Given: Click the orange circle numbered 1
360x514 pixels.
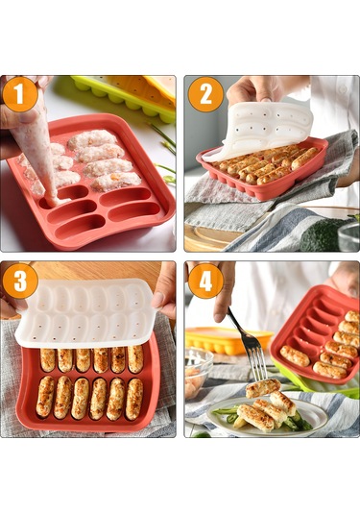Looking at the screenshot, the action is point(20,94).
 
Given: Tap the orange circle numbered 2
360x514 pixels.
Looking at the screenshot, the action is point(206,94).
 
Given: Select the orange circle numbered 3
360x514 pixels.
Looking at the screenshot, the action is point(20,281).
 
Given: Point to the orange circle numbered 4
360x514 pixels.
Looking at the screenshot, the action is point(206,281).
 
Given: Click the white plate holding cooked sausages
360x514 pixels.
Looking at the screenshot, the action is point(268,415).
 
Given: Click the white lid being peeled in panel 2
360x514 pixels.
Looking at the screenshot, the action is point(259,131).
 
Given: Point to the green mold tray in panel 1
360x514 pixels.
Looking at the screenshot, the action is point(124,98).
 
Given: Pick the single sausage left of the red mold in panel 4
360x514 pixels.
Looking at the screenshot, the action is point(295,356).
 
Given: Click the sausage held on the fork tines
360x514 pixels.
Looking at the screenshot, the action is point(263,387).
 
